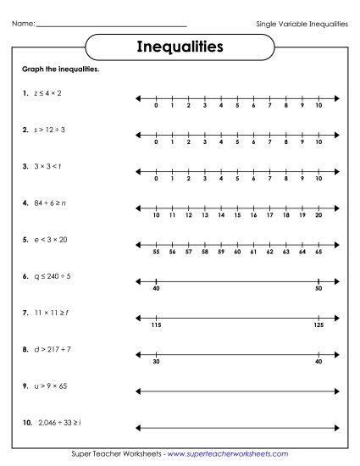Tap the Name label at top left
(x=23, y=23)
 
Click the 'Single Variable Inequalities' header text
(x=302, y=23)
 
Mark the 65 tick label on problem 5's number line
(x=318, y=252)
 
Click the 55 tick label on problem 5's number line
(x=156, y=252)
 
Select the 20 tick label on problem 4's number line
(x=318, y=216)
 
